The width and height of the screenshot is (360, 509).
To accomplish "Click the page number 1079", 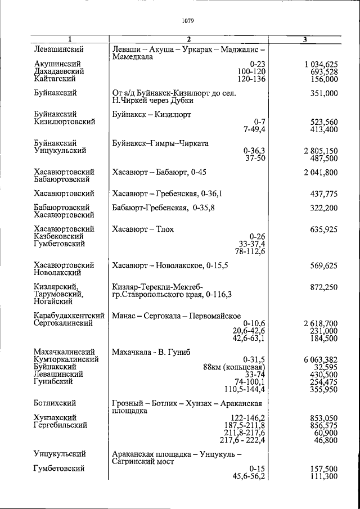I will click(x=188, y=22).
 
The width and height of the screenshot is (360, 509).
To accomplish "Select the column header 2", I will click(x=189, y=39).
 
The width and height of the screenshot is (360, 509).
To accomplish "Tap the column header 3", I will click(x=304, y=39).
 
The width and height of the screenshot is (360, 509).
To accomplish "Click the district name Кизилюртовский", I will click(x=64, y=121).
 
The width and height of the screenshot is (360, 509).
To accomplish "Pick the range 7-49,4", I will click(x=254, y=129).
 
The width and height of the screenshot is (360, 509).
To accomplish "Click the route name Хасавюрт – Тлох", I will click(x=143, y=229).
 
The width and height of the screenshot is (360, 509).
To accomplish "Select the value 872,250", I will click(x=323, y=287).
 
